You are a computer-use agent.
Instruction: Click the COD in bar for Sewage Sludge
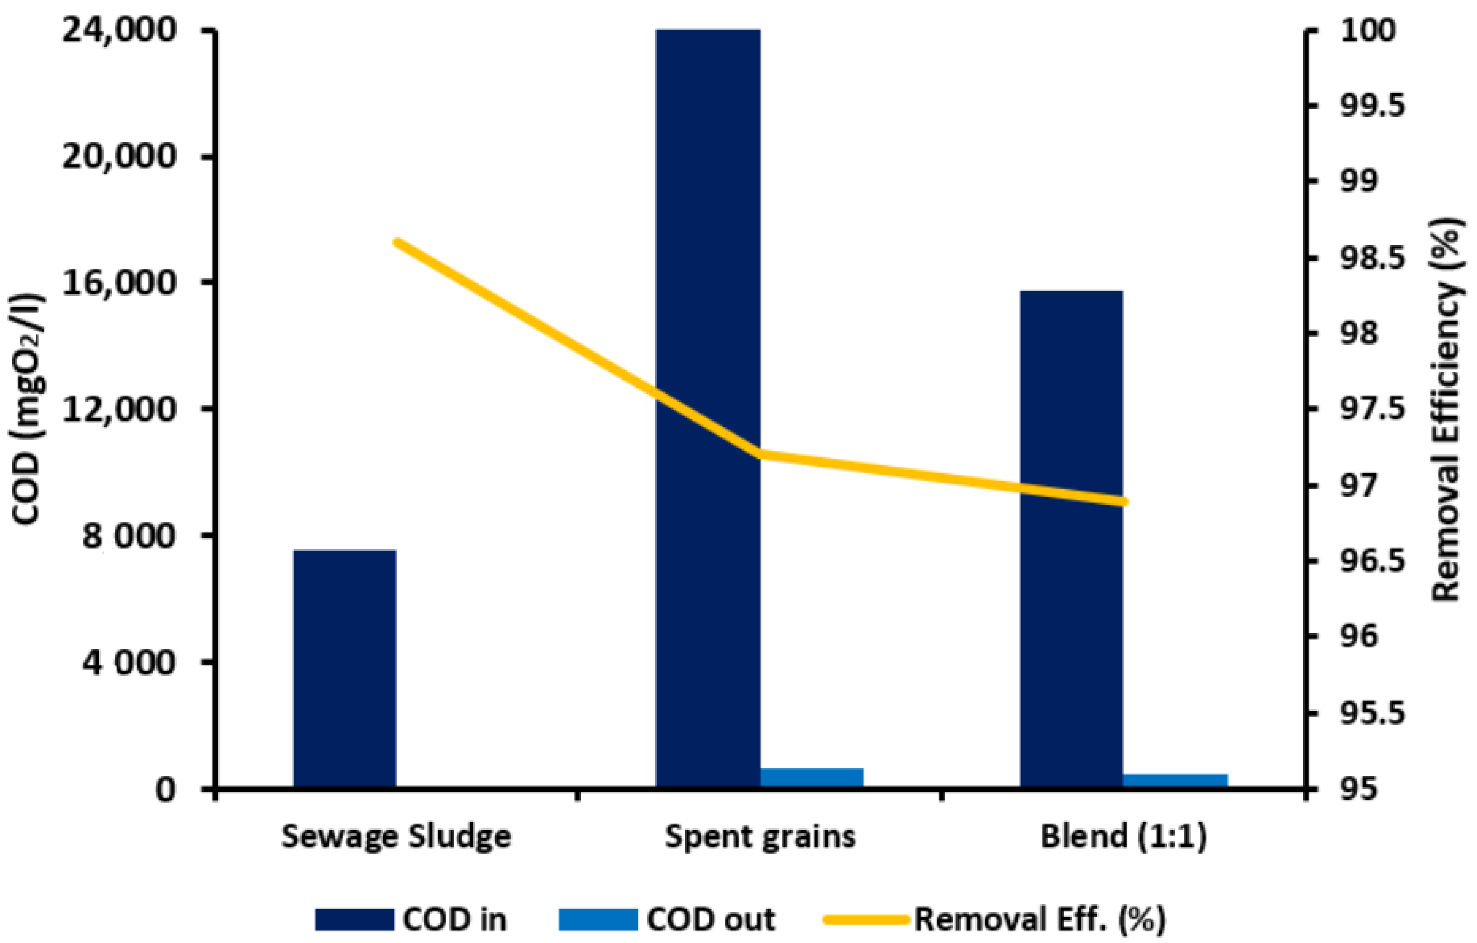pyautogui.click(x=345, y=668)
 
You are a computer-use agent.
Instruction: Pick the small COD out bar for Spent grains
pyautogui.click(x=812, y=777)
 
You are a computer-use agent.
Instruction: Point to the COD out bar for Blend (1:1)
pyautogui.click(x=1175, y=780)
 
